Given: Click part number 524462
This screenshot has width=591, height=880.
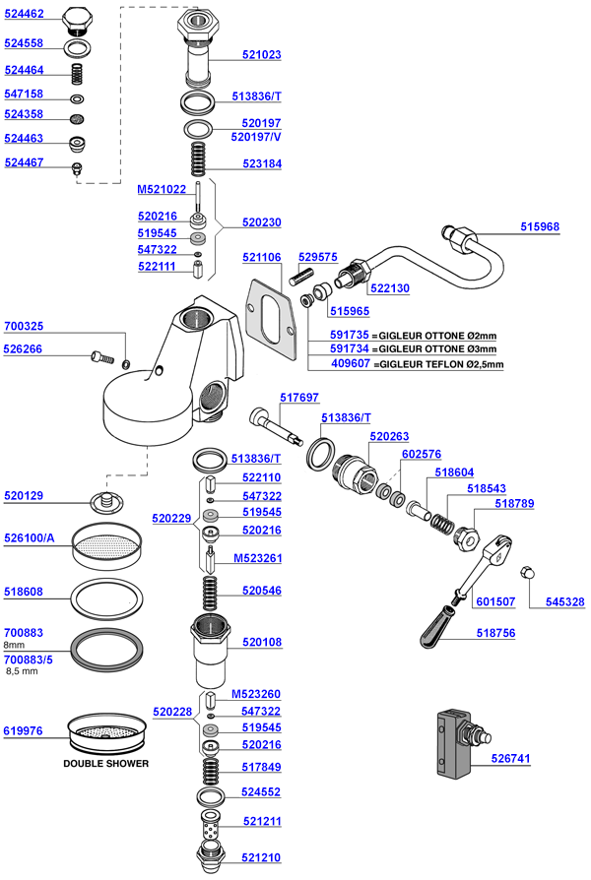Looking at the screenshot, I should click(24, 17).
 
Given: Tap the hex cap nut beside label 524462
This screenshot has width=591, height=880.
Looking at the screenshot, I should click(78, 20).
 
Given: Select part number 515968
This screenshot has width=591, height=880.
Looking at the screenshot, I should click(540, 226).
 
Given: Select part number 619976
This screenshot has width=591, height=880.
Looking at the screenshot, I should click(24, 730).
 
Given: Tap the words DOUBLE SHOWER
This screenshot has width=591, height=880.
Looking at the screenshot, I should click(106, 763).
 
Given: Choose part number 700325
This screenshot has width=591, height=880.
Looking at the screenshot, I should click(24, 326).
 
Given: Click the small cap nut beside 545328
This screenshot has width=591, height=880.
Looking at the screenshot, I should click(527, 572).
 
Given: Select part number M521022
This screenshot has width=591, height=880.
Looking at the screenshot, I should click(162, 189).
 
